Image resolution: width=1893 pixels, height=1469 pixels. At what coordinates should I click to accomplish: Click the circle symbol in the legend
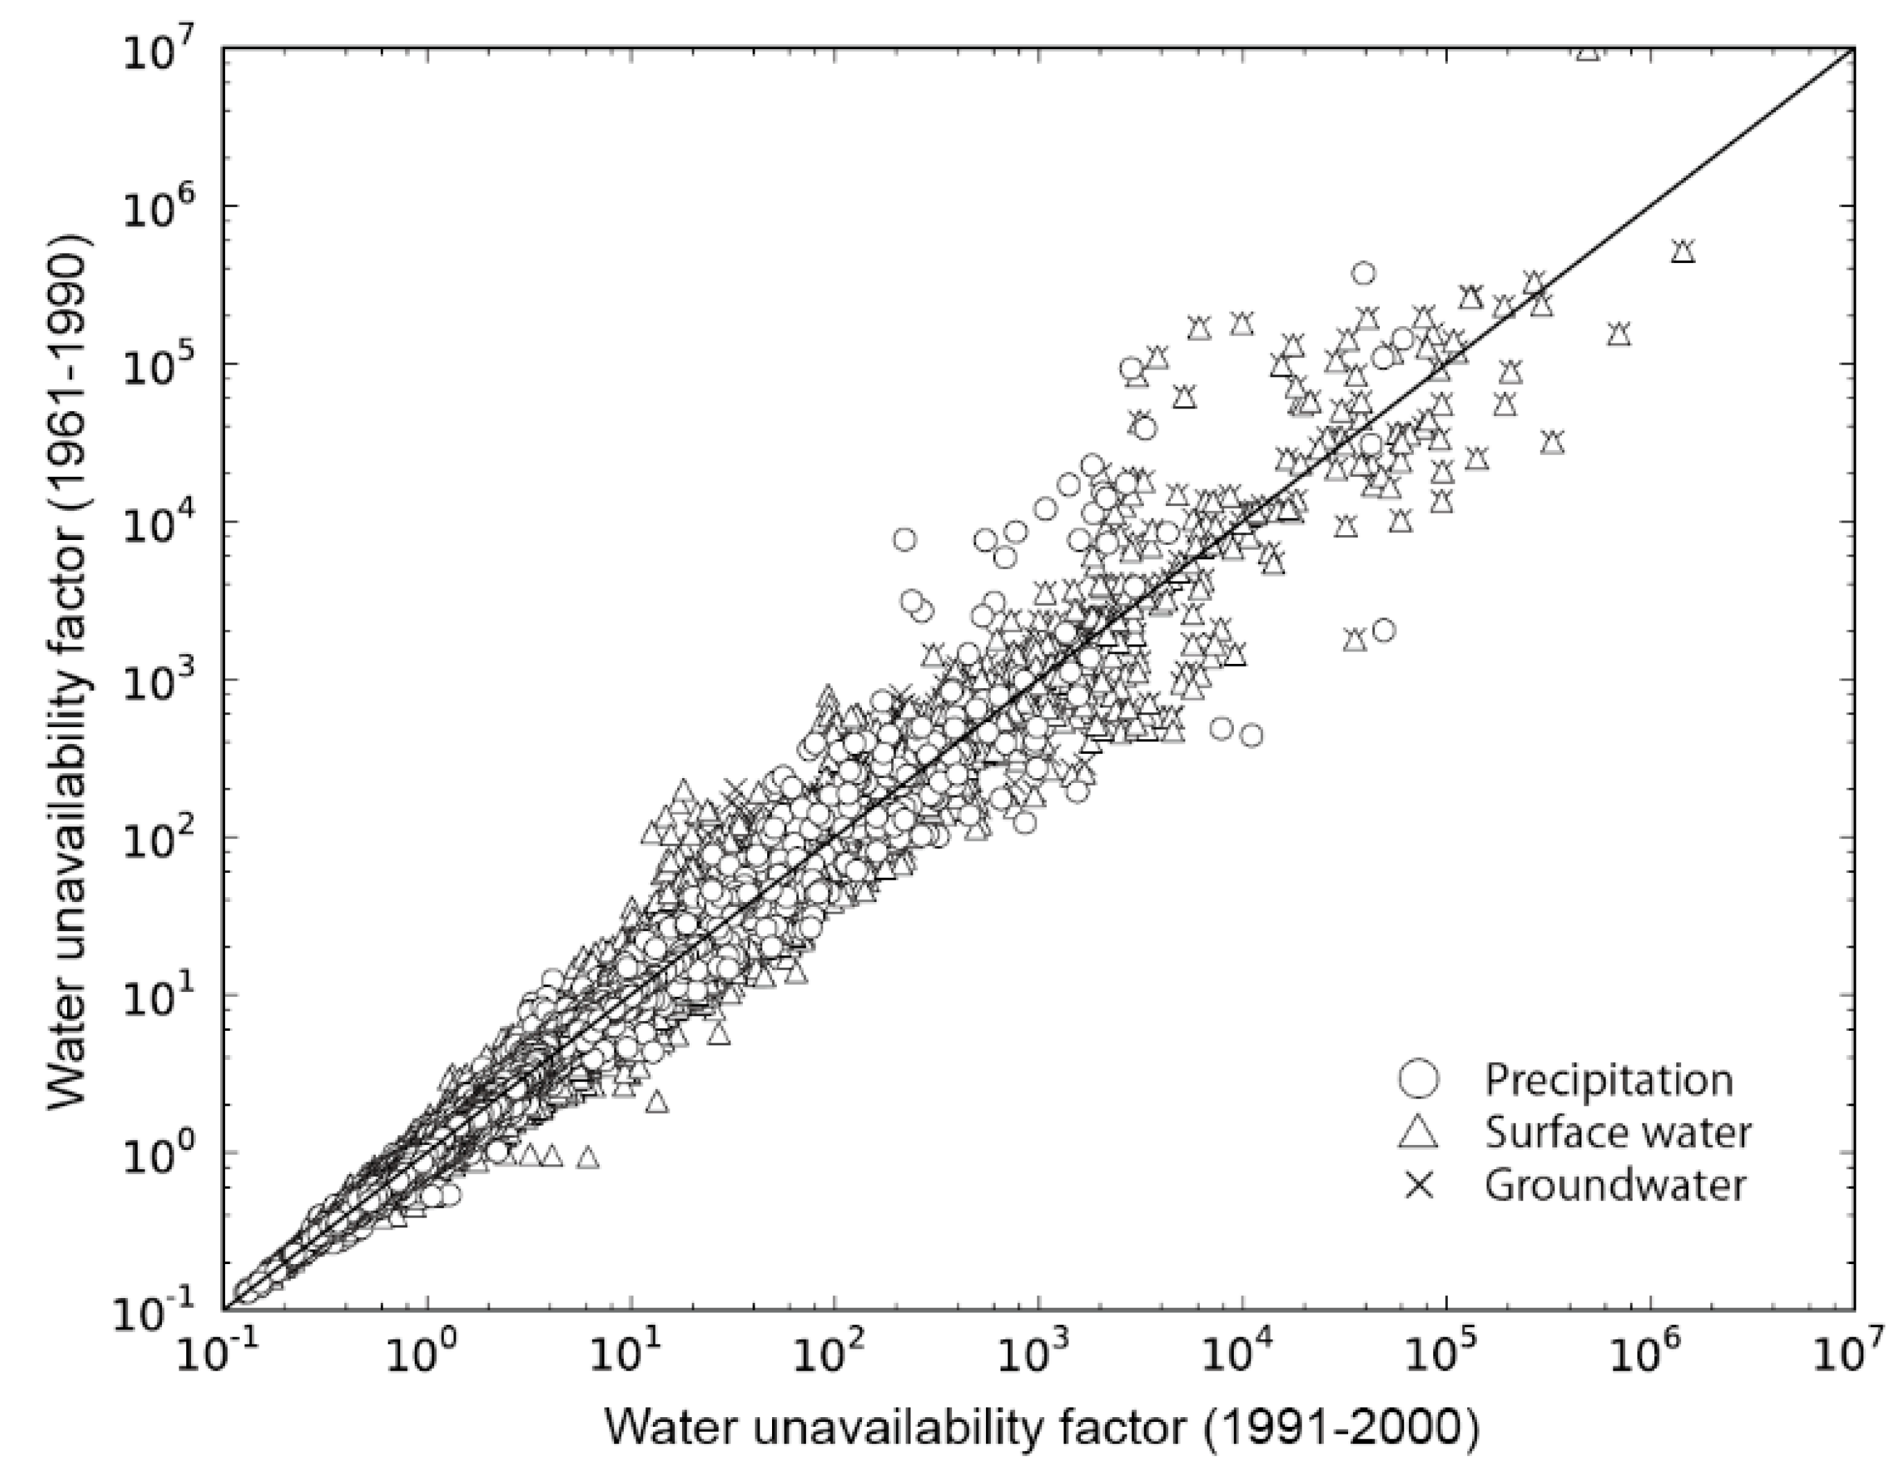(1418, 1079)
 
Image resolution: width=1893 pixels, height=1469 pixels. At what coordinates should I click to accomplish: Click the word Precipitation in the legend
(1608, 1079)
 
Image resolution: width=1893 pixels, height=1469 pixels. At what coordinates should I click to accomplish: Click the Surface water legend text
(1617, 1133)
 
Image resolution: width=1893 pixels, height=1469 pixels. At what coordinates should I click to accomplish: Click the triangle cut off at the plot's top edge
(1587, 54)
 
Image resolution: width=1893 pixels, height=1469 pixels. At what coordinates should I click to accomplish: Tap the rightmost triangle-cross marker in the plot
(1683, 251)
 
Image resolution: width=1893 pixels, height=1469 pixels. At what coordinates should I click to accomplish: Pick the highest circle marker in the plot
(1363, 273)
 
